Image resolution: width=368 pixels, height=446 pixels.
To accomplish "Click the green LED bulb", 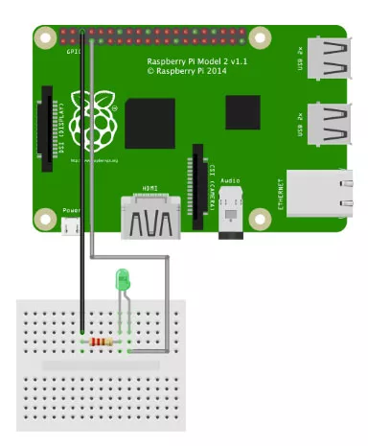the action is click(x=122, y=280).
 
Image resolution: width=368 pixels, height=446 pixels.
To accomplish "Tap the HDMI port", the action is click(x=151, y=218).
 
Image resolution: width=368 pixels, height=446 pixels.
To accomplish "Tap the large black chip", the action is click(x=149, y=122).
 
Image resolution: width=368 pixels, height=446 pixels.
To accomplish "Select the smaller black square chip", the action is click(x=243, y=113).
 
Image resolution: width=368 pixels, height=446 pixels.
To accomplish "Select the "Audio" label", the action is click(x=230, y=179).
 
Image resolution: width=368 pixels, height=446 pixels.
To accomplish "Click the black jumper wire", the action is click(x=82, y=192).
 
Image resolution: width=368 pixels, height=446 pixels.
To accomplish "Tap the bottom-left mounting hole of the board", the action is click(x=45, y=218).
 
